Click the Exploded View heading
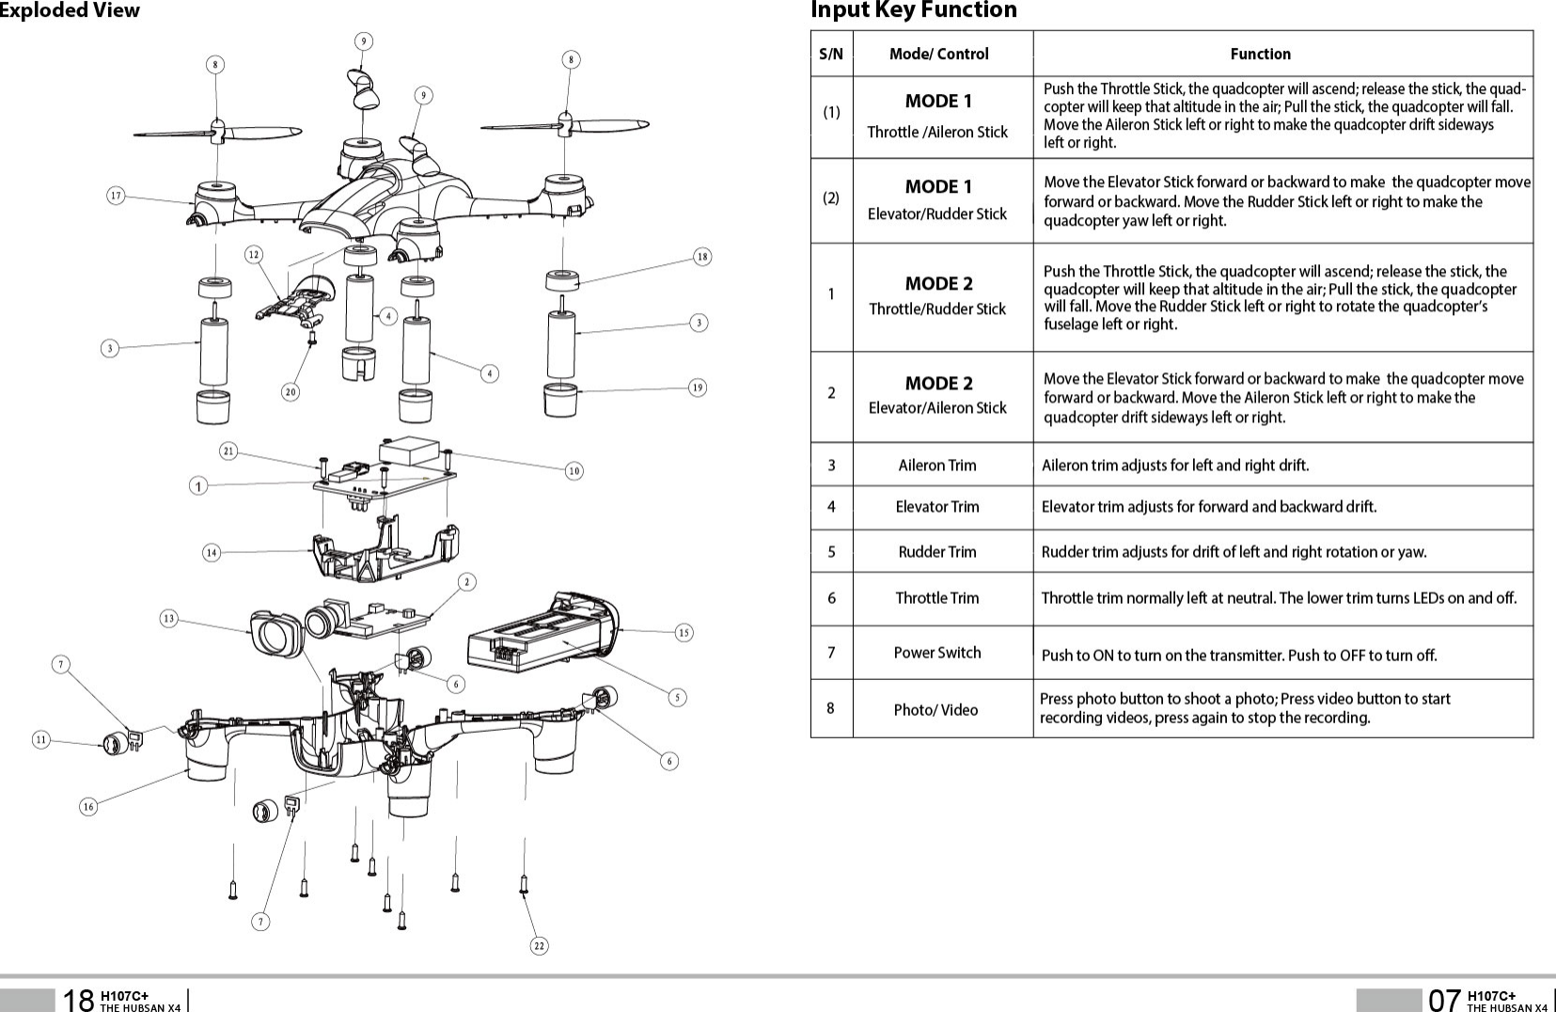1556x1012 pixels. (x=70, y=10)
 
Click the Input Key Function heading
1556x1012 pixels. (x=913, y=10)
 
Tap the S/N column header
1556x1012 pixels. (x=831, y=54)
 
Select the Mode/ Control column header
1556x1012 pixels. (x=938, y=54)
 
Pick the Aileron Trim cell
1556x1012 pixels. (x=937, y=465)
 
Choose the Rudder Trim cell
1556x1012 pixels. (x=937, y=551)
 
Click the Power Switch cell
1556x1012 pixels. (x=937, y=653)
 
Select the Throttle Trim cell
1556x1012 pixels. (x=937, y=598)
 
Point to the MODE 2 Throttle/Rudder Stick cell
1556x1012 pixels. (x=938, y=295)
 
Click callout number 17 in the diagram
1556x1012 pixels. (x=116, y=196)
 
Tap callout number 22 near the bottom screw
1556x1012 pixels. (x=539, y=945)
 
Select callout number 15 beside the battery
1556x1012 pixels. (x=684, y=633)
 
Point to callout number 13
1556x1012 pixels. (x=168, y=619)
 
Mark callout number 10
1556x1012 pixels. (x=574, y=470)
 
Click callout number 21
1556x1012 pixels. (x=228, y=451)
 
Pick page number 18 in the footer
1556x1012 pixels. (x=78, y=999)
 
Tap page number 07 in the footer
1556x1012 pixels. (x=1444, y=999)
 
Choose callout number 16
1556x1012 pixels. (x=88, y=806)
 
